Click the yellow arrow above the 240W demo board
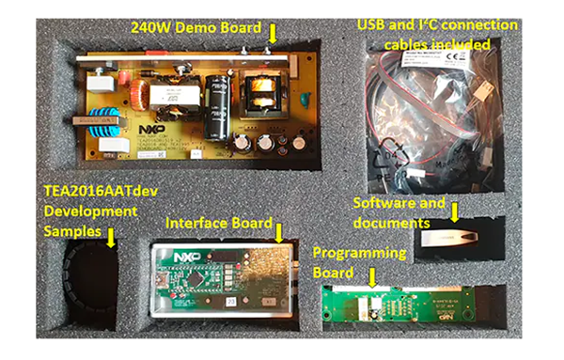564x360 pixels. [x=273, y=33]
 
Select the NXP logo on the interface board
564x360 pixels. [x=188, y=257]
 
